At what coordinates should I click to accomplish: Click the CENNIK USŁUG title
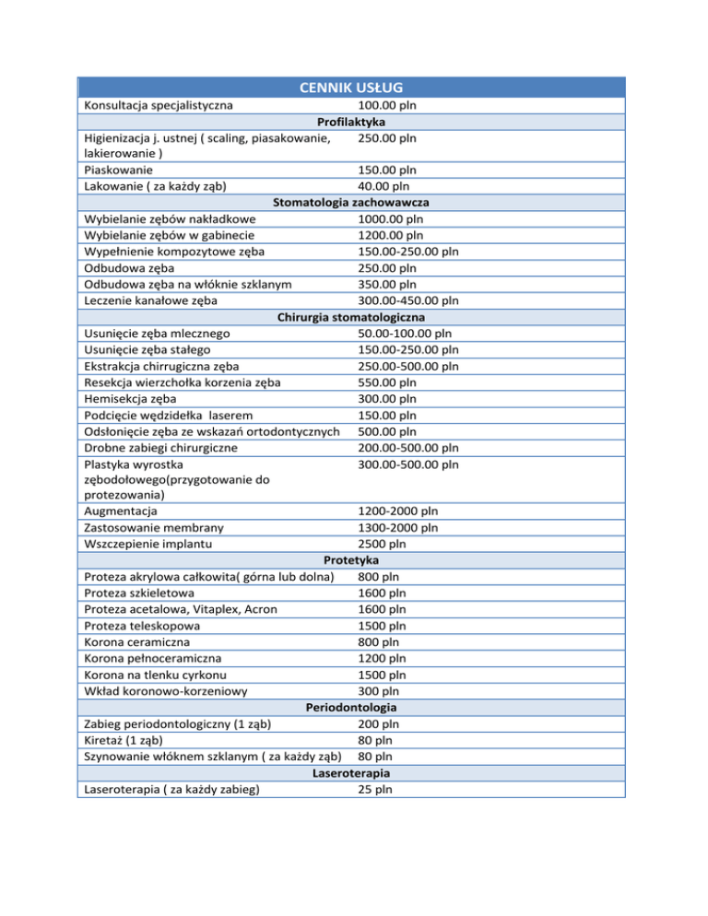[350, 88]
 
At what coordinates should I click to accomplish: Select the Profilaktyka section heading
[350, 122]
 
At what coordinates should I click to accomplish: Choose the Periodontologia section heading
[351, 707]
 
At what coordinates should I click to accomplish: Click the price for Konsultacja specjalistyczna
[386, 105]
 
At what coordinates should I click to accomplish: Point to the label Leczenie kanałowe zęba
[151, 299]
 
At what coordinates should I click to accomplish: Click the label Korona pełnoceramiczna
[152, 658]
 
